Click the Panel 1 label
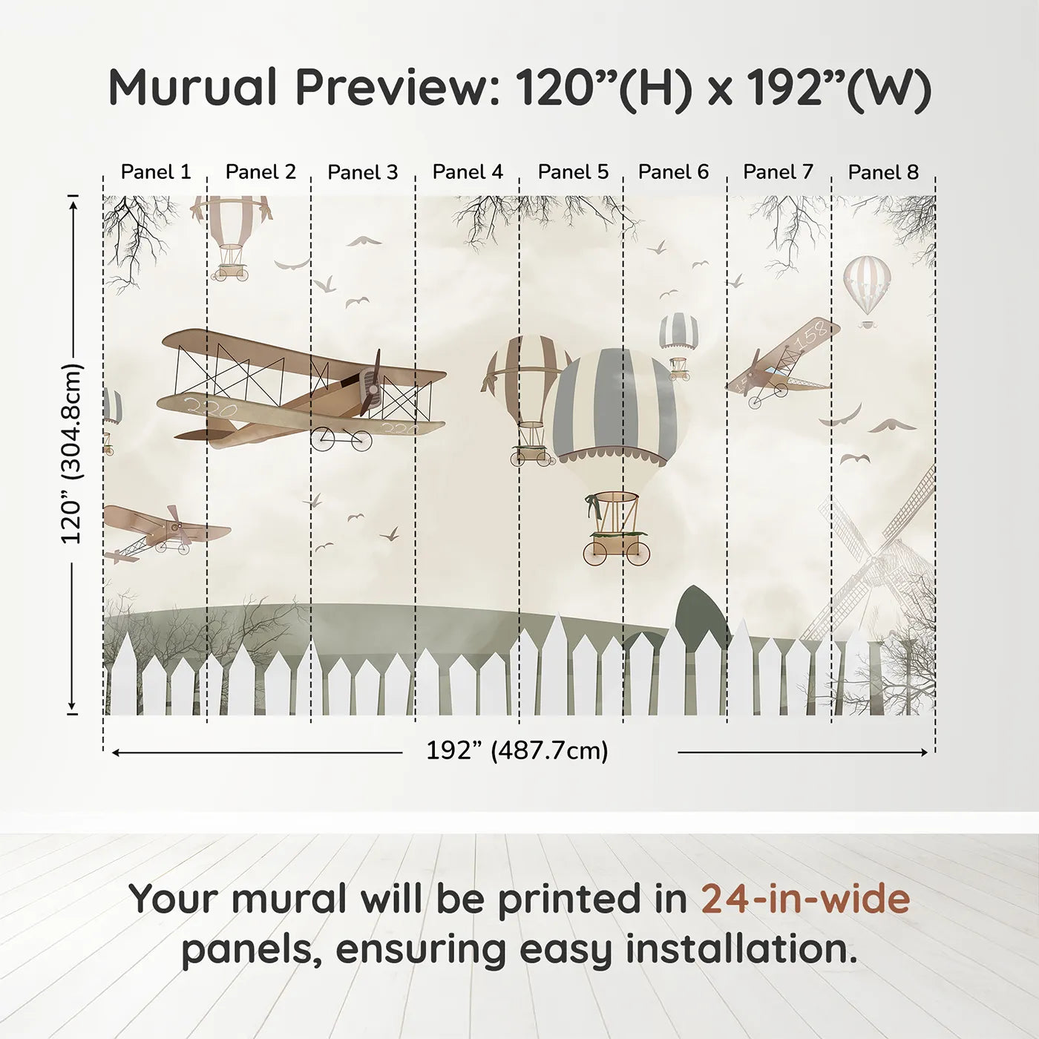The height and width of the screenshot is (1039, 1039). [155, 172]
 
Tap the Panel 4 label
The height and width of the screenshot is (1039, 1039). [468, 172]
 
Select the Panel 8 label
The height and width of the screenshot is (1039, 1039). [883, 172]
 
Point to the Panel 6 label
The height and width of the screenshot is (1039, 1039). [673, 172]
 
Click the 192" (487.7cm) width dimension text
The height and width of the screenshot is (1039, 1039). [517, 751]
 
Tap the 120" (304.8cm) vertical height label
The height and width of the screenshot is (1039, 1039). [72, 453]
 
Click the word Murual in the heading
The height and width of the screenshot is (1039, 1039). [192, 88]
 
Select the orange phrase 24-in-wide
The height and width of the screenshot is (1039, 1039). [805, 899]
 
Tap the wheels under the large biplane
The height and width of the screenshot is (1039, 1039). [341, 439]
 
